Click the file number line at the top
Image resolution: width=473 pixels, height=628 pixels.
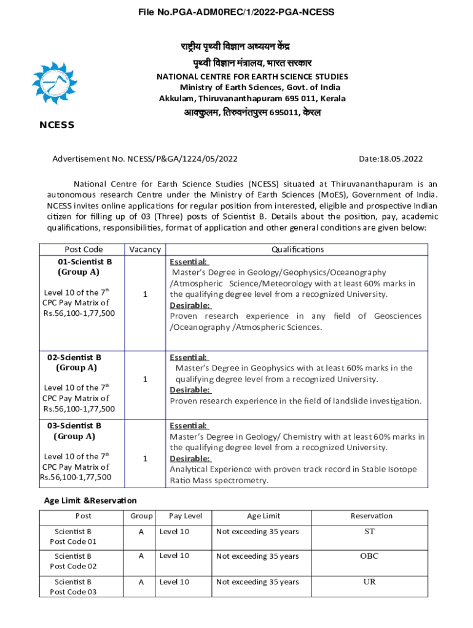coord(237,12)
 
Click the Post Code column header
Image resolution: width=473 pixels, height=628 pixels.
coord(84,250)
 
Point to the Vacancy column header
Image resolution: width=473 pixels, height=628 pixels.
coord(145,250)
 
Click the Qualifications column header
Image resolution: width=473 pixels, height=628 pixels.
coord(297,250)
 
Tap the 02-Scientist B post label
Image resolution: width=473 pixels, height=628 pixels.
coord(74,357)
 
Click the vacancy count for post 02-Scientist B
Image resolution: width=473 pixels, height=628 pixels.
coord(145,380)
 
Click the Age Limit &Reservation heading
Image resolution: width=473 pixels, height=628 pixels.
coord(90,501)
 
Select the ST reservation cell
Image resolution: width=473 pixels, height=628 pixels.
coord(369,532)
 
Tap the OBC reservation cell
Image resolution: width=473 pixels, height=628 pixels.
coord(369,556)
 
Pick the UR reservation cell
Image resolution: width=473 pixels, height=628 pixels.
coord(369,582)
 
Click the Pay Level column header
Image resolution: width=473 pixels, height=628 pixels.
coord(186,516)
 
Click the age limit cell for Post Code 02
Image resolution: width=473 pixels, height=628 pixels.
coord(257,556)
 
